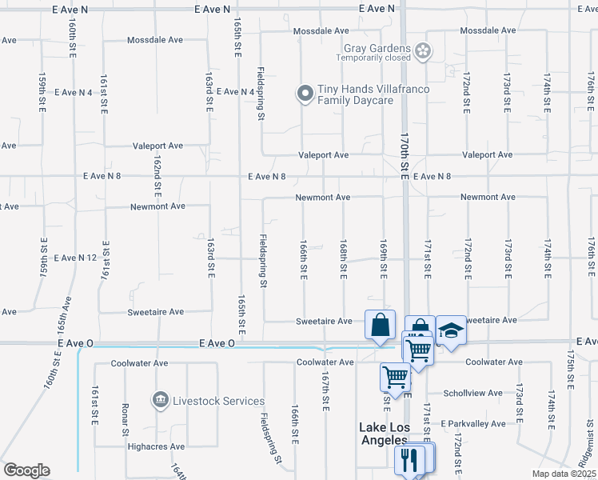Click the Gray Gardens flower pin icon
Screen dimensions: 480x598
[423, 53]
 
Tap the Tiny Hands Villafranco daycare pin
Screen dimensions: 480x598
[305, 94]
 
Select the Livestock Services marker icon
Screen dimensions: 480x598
[160, 399]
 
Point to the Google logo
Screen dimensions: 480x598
[26, 470]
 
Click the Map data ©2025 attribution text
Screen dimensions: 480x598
[563, 474]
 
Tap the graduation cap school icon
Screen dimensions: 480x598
[451, 330]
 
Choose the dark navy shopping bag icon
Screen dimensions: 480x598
[380, 325]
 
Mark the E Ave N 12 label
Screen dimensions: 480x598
[75, 258]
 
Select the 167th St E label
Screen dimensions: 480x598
[326, 391]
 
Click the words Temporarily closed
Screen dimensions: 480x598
[373, 58]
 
